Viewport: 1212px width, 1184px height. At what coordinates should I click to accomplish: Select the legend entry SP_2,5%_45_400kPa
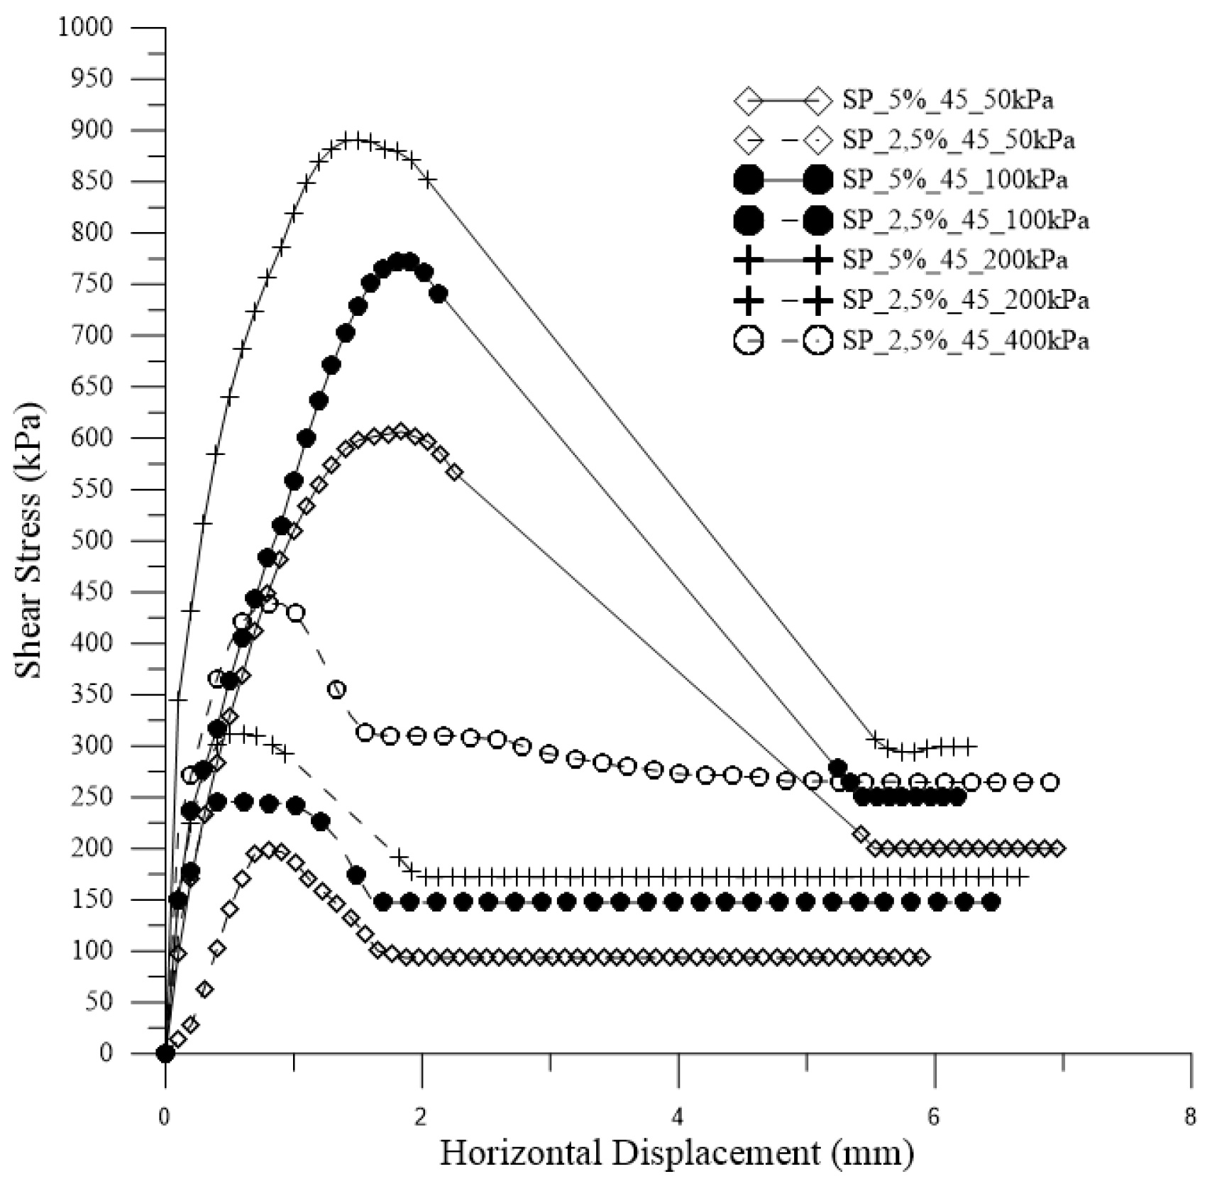point(965,341)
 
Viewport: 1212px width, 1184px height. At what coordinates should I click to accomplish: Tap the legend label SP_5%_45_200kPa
point(954,261)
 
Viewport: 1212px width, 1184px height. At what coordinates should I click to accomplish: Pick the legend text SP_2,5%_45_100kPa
point(965,220)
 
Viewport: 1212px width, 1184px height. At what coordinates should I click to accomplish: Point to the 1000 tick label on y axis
point(86,28)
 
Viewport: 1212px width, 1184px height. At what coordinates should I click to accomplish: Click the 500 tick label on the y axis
point(93,541)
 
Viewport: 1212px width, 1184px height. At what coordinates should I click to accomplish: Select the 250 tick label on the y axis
point(93,797)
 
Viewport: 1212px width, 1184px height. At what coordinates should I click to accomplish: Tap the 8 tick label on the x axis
point(1190,1117)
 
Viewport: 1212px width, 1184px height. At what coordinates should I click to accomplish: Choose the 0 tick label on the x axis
point(165,1117)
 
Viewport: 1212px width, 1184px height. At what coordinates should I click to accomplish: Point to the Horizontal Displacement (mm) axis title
point(677,1153)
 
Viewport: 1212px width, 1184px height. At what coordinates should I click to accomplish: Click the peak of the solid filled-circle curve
point(402,261)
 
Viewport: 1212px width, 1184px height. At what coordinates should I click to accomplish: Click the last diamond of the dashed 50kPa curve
point(922,957)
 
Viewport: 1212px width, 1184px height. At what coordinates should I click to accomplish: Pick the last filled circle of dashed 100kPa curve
point(991,902)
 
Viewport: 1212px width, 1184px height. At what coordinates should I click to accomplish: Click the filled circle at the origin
point(165,1053)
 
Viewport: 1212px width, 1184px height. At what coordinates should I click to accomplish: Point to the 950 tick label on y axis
point(93,79)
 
